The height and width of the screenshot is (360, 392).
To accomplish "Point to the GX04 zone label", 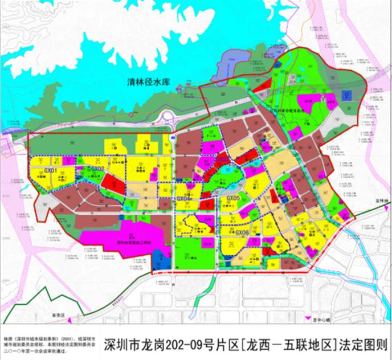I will point(183,198).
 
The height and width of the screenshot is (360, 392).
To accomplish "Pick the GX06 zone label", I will point(242,232).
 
